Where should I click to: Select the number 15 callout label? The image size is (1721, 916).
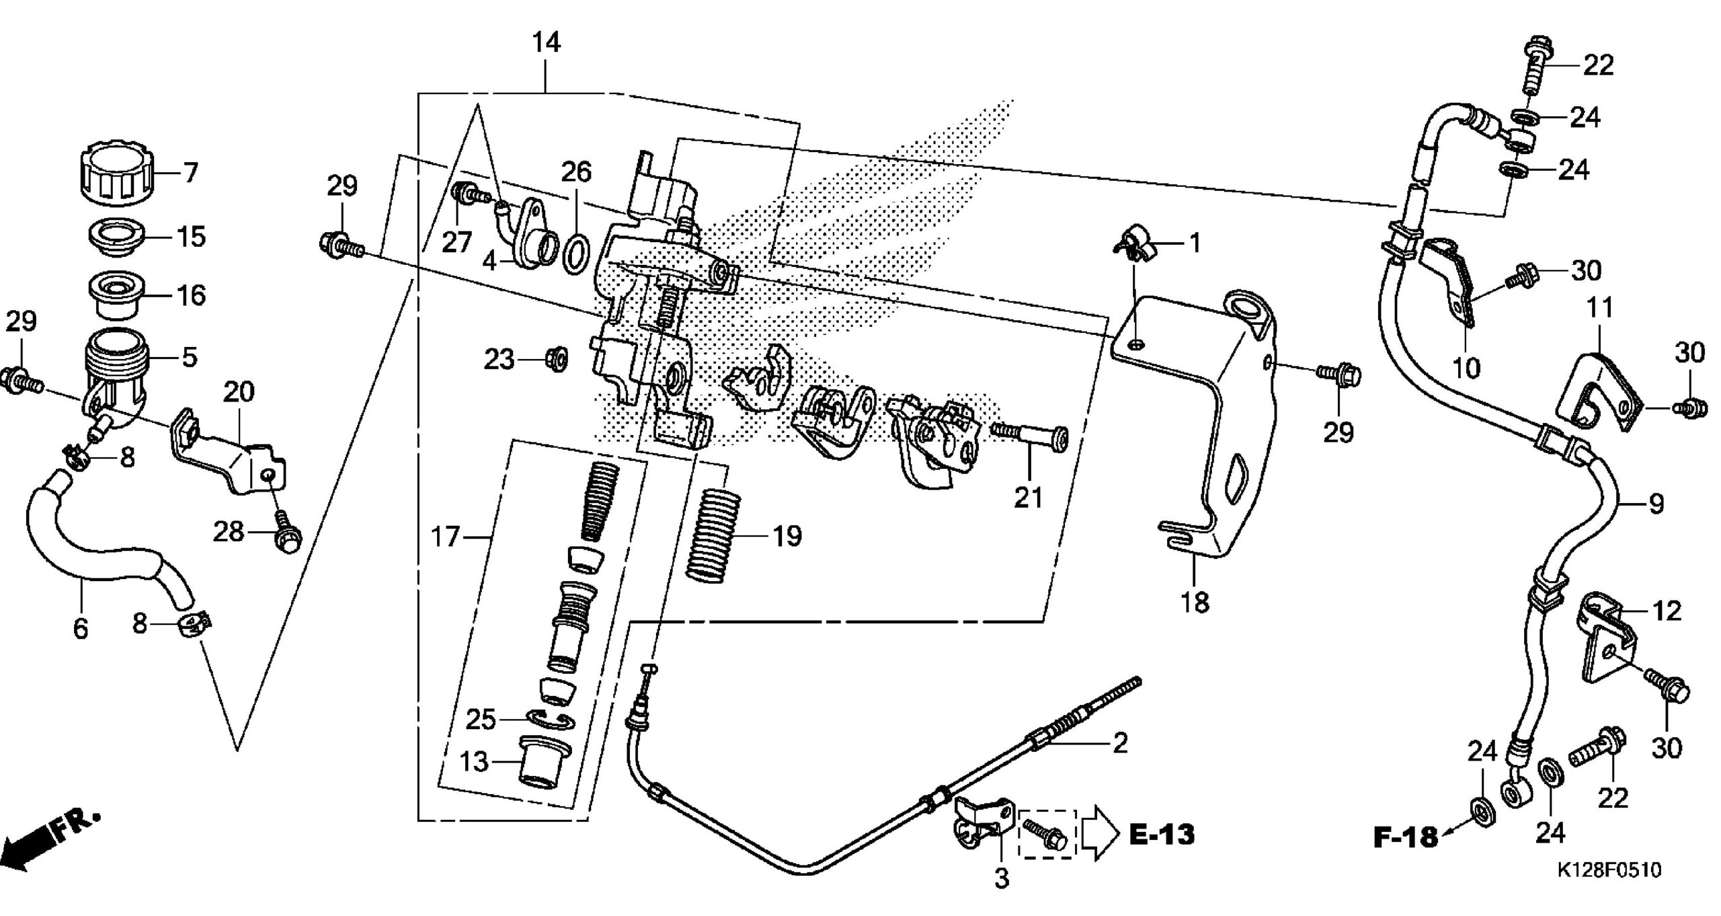[x=191, y=237]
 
